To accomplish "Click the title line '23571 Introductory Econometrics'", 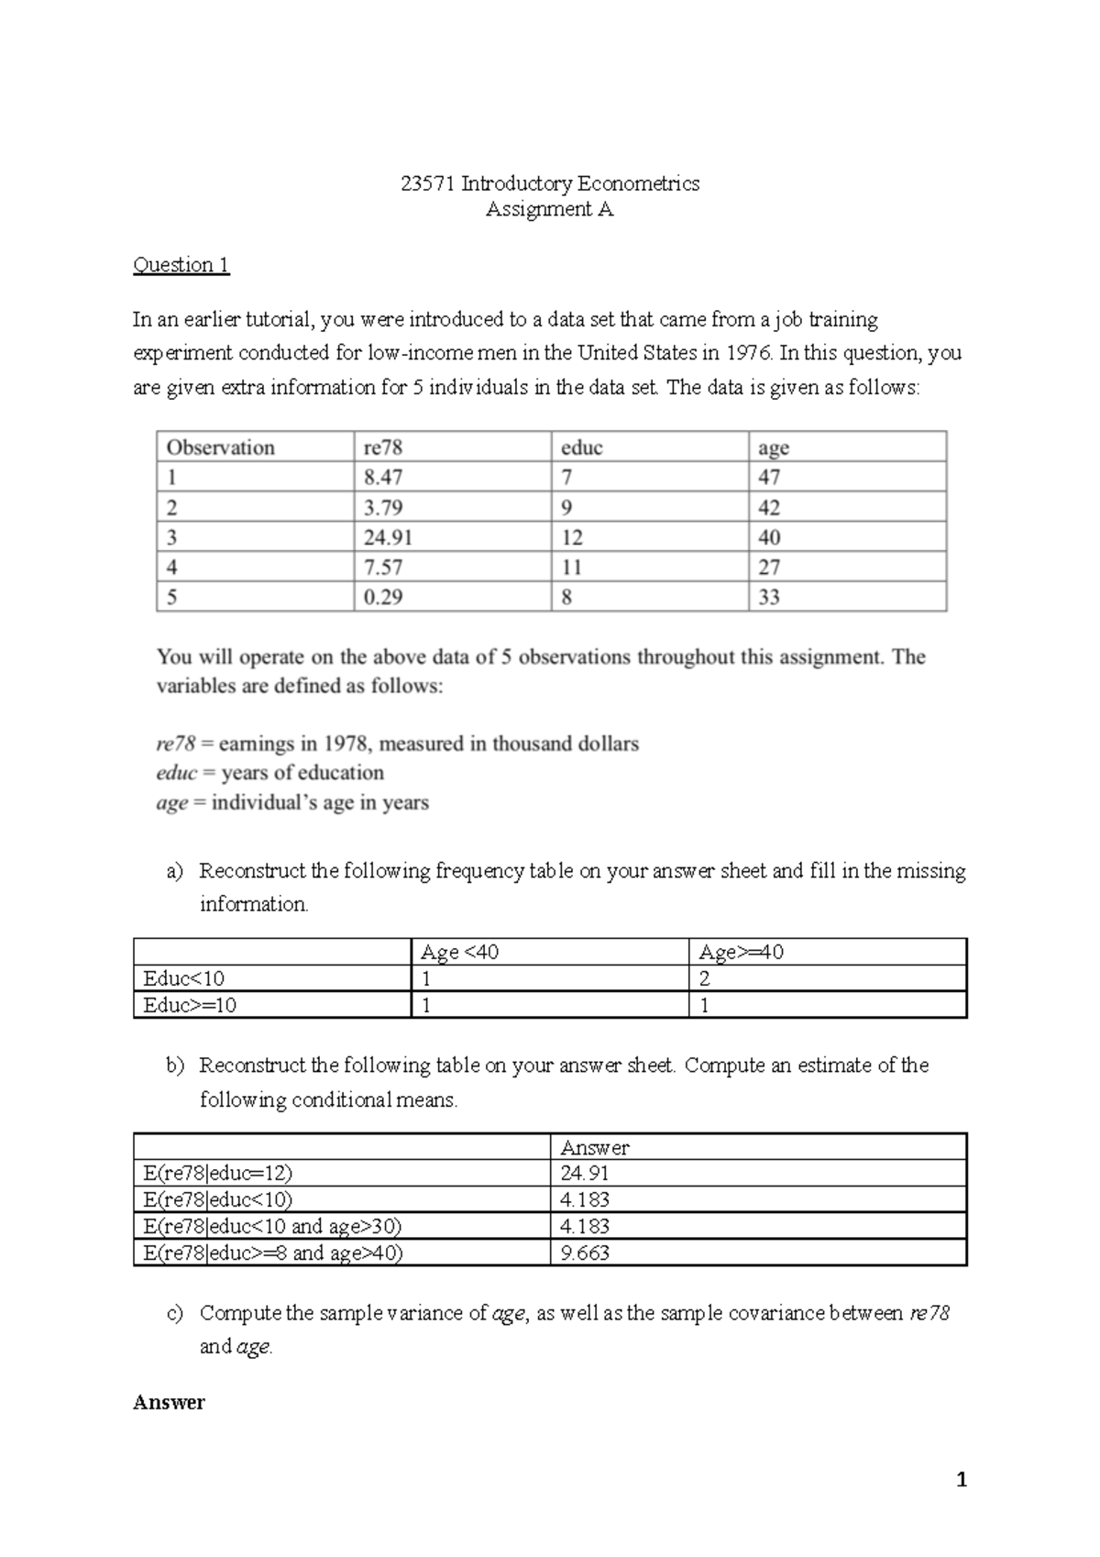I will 550,183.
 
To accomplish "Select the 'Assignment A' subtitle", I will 549,209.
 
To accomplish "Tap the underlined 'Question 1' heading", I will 181,265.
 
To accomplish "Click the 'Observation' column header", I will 220,447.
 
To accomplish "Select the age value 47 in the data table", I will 769,477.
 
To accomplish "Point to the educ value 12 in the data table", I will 571,537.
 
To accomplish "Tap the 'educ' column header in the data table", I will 581,447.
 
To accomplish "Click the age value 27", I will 769,568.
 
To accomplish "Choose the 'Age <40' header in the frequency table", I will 459,952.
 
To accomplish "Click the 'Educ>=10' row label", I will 190,1005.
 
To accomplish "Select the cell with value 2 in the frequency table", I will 704,978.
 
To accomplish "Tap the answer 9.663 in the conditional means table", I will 585,1253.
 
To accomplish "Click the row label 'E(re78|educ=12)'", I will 218,1173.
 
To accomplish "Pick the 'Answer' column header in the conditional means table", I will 594,1147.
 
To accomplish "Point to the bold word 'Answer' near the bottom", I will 169,1402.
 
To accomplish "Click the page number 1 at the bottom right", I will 961,1479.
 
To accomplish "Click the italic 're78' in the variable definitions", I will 175,744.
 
